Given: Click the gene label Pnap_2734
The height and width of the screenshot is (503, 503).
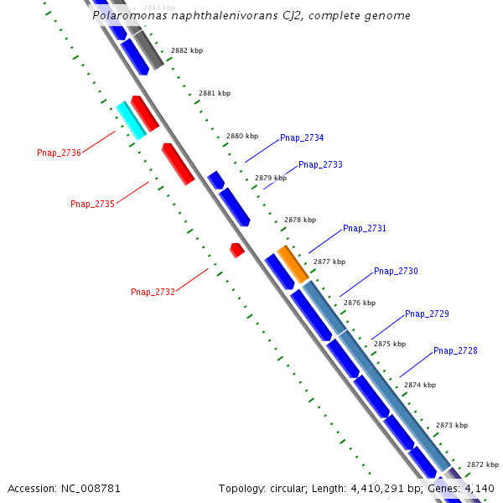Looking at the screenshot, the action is (302, 137).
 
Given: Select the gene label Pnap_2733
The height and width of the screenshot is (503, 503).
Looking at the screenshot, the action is (320, 164).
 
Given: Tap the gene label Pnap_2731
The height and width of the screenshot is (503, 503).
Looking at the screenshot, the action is (365, 228).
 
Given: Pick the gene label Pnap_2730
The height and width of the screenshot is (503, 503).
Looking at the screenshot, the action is (396, 271).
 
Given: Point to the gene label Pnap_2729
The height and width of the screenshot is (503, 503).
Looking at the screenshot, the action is (427, 314).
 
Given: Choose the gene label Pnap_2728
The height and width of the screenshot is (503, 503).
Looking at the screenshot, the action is (455, 350).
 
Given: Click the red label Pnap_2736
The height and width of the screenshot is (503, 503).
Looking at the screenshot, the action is (59, 153).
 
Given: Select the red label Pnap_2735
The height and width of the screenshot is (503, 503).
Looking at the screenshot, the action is (92, 204).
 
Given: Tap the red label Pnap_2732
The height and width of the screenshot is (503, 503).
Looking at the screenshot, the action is (153, 292).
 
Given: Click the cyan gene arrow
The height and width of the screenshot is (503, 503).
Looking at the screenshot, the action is (130, 119).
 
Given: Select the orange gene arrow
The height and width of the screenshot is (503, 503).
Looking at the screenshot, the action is (293, 263).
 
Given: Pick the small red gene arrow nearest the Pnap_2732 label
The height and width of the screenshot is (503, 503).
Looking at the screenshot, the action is (237, 249).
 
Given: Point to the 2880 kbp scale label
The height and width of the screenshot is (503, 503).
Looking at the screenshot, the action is (241, 136).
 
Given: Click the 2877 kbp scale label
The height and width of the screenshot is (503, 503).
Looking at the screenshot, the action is (329, 262).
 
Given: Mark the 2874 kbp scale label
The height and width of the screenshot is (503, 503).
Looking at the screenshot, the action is (420, 385).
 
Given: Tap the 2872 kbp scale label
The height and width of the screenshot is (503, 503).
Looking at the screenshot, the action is (483, 464).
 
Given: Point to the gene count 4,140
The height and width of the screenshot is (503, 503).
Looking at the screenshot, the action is (477, 488).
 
